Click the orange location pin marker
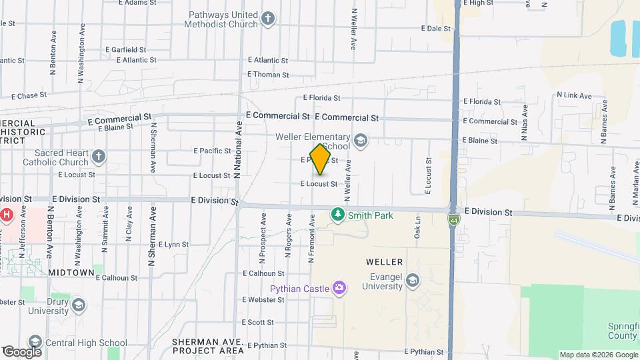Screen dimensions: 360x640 click(321, 160)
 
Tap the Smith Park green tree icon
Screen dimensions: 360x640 click(338, 214)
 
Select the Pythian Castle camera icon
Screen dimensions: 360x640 click(340, 288)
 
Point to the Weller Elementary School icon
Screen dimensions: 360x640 click(361, 139)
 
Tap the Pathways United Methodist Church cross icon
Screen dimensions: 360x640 click(268, 18)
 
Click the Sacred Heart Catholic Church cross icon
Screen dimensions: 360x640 click(99, 157)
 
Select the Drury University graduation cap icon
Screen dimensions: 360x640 click(79, 306)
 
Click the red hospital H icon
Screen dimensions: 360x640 click(7, 215)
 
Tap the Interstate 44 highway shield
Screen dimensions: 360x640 click(453, 219)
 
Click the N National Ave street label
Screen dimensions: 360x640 click(237, 150)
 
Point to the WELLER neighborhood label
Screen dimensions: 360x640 click(384, 262)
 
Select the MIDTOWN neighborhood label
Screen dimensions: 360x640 click(71, 273)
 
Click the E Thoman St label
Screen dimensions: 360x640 click(268, 75)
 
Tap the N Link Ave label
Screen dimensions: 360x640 click(574, 96)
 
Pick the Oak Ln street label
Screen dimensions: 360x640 click(418, 227)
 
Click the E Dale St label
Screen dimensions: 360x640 click(437, 29)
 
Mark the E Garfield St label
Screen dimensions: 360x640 click(125, 49)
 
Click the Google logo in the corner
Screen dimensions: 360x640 click(22, 351)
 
